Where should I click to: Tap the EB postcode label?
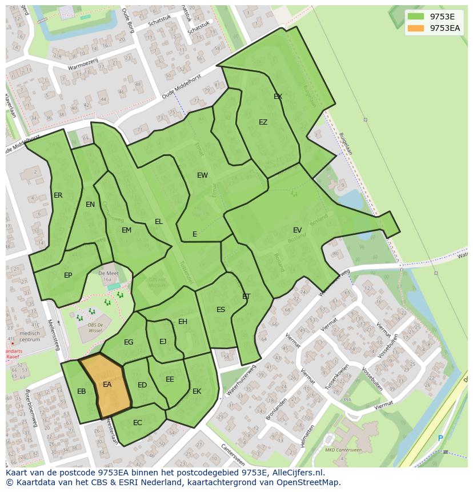[x=82, y=391]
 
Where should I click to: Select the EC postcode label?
[x=137, y=423]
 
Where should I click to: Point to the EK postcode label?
[x=197, y=391]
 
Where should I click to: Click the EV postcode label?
[x=297, y=230]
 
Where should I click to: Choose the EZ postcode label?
[x=263, y=122]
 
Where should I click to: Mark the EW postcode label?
[x=202, y=175]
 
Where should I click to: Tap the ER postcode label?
[x=58, y=195]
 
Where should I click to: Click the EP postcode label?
[x=68, y=275]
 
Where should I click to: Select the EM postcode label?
[x=126, y=230]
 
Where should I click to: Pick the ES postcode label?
[x=221, y=310]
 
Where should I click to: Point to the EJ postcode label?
[x=163, y=342]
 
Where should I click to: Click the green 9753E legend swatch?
[x=416, y=17]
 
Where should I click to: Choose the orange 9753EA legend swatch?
[x=416, y=28]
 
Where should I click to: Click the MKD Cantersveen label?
[x=343, y=450]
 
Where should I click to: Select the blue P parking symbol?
[x=440, y=438]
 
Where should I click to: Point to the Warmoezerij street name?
[x=83, y=66]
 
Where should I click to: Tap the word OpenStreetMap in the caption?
[x=307, y=482]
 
